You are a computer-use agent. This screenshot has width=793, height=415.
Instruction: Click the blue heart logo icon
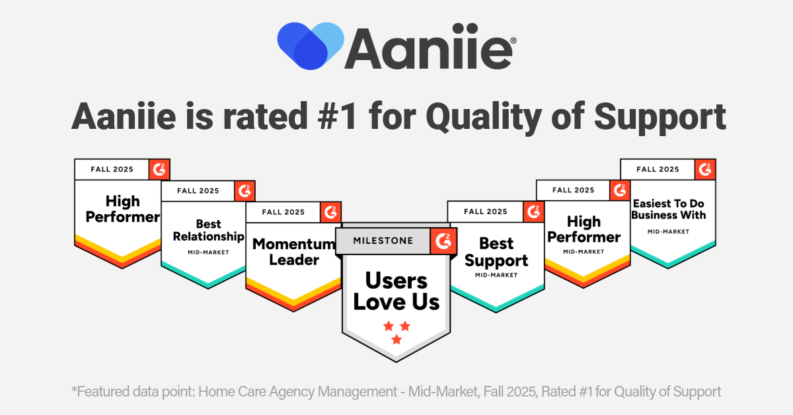(311, 46)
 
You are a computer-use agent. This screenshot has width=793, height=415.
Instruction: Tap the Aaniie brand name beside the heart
(428, 47)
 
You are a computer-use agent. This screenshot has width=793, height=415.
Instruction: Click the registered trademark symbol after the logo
(513, 41)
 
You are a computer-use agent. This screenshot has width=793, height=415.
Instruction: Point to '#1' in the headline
(338, 116)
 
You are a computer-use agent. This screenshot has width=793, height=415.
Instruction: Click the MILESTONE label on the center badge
(383, 241)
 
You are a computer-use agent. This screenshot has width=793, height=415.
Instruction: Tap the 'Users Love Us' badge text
(396, 291)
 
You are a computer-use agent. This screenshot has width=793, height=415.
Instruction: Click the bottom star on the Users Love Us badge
(397, 340)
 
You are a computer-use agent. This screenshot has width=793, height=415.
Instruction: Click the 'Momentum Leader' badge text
(294, 252)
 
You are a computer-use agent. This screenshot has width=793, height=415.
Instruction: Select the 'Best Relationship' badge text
(209, 230)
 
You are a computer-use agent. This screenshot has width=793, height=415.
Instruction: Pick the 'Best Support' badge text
(496, 252)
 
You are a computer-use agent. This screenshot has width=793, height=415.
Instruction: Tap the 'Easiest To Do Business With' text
(668, 209)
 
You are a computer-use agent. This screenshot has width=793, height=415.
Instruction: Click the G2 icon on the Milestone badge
(443, 241)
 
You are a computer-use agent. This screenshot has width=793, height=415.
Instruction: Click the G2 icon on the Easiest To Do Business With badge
(705, 169)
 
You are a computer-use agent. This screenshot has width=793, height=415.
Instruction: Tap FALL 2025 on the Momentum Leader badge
(283, 212)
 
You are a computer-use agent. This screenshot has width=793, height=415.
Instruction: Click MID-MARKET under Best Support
(496, 275)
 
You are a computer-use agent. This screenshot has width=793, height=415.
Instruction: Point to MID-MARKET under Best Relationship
(209, 252)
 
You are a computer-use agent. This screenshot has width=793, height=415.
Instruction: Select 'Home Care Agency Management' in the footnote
(297, 392)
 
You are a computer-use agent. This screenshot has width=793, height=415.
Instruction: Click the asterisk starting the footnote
(74, 389)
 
